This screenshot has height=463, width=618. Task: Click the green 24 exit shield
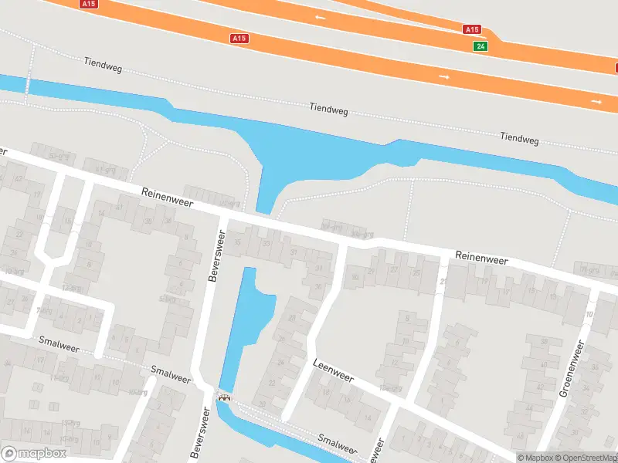click(481, 46)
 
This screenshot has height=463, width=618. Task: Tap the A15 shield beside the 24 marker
click(472, 29)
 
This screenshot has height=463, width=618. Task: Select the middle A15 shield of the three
click(239, 38)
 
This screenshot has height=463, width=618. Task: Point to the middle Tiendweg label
click(328, 110)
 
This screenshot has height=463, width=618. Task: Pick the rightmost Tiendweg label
click(519, 138)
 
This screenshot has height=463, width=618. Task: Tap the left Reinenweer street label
click(168, 198)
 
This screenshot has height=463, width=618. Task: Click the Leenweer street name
click(333, 370)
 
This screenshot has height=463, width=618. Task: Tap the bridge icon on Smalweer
click(225, 397)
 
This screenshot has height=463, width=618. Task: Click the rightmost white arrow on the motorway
click(596, 101)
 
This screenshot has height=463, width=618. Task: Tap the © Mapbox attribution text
click(536, 458)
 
